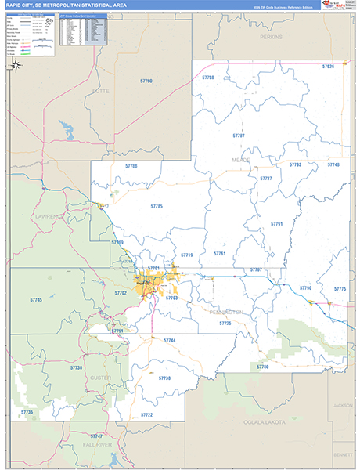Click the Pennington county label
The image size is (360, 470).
point(226,312)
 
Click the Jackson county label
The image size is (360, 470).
point(342,405)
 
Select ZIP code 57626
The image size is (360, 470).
point(328,67)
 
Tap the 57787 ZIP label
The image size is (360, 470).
point(239,136)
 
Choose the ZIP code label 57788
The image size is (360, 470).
point(131,166)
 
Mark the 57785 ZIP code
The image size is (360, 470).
point(156,206)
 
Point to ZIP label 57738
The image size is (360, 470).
point(164,378)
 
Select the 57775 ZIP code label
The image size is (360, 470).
point(339,289)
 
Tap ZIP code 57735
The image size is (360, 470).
point(27,412)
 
